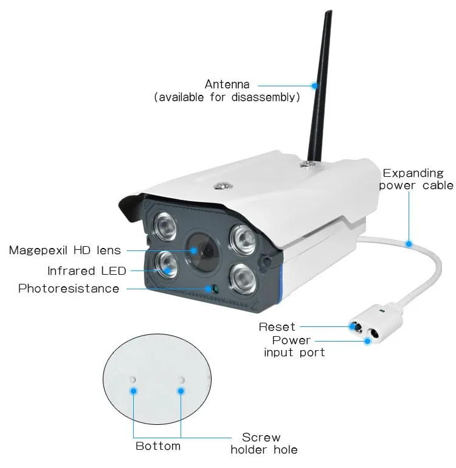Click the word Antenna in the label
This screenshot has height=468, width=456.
point(227,84)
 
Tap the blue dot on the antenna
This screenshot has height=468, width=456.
point(314,85)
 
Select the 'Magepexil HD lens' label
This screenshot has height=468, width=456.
point(65,250)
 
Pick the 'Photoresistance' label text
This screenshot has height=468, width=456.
point(69,288)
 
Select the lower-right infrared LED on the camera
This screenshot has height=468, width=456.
point(243,277)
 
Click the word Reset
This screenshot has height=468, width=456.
point(277,327)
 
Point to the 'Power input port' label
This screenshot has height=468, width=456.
point(294,346)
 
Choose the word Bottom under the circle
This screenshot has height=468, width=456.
point(158,446)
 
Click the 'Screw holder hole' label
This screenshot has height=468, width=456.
point(264,443)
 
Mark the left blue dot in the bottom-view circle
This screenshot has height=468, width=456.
point(133,391)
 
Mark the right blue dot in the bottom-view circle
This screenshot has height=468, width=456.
point(181,391)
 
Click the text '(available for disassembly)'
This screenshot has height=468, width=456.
point(227,97)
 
